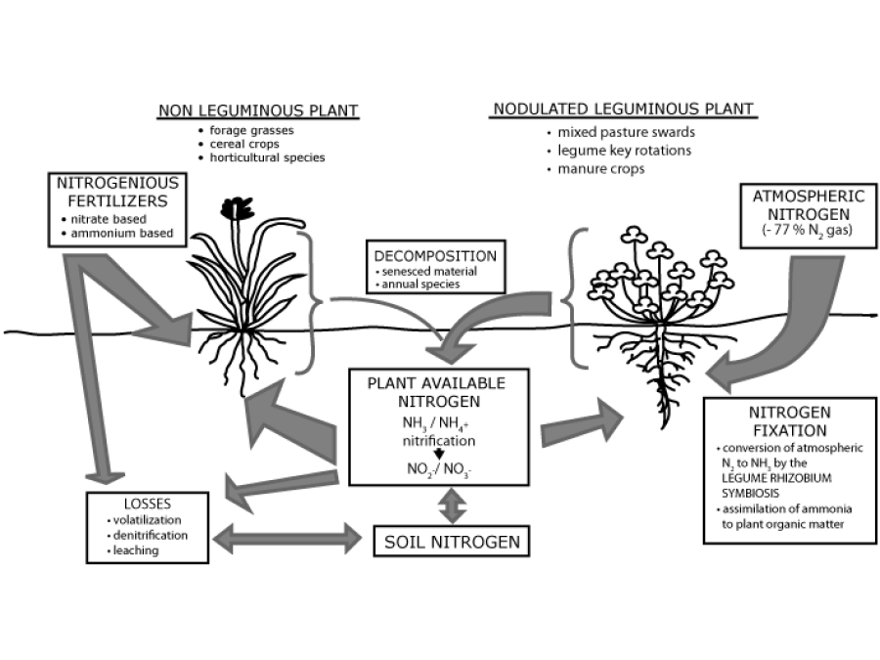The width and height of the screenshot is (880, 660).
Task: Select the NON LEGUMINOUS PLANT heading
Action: pyautogui.click(x=258, y=110)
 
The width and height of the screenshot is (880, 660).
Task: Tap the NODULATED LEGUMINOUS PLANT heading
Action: pyautogui.click(x=623, y=109)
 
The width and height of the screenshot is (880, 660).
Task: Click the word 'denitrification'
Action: pyautogui.click(x=152, y=536)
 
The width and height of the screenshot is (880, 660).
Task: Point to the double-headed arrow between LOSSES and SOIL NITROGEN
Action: pyautogui.click(x=289, y=536)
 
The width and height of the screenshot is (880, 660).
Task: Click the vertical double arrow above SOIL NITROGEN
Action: pyautogui.click(x=452, y=505)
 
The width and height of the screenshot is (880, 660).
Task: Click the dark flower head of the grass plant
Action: pyautogui.click(x=235, y=208)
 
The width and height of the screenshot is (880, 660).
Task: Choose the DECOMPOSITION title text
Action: pyautogui.click(x=434, y=256)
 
